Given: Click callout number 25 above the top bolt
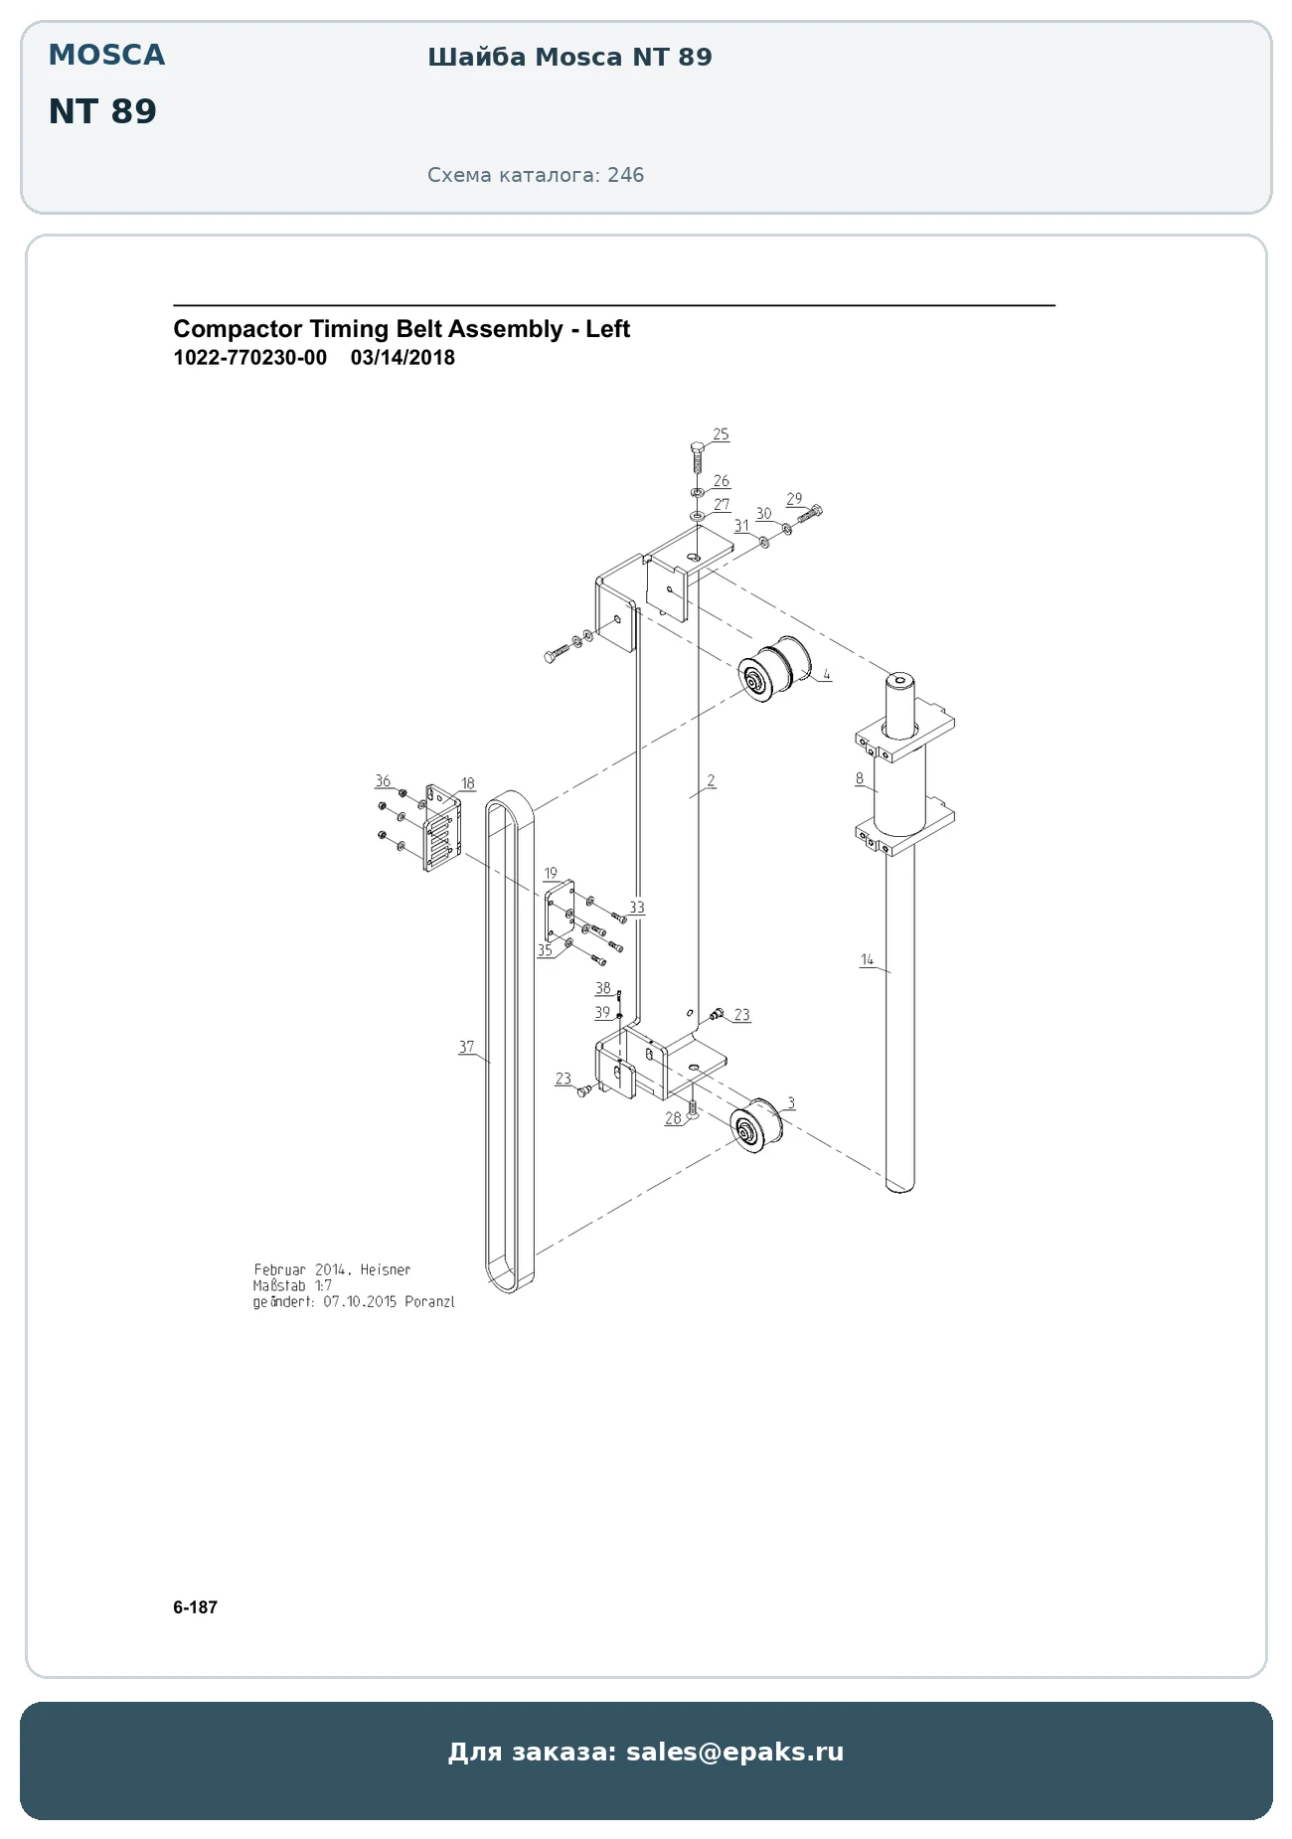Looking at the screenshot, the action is point(721,434).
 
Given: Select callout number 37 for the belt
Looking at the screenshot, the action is point(466,1047).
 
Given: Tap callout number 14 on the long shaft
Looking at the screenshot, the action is point(867,959).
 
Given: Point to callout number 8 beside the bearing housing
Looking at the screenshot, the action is point(859,778).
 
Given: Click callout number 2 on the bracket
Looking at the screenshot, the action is point(711,781).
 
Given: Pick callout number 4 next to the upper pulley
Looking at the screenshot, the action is point(826,674).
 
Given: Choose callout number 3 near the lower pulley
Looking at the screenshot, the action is point(790,1102).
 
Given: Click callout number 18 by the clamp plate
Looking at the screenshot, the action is point(467,783).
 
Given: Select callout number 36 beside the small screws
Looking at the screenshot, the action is point(383,781).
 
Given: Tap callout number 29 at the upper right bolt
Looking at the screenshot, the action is point(793,499).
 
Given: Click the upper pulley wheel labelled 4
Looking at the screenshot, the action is point(773,672).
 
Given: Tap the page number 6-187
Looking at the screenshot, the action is point(195,1607).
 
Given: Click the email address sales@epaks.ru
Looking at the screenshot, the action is point(734,1752).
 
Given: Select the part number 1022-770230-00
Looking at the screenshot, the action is point(249,358).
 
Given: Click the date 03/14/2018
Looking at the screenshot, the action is point(403,358).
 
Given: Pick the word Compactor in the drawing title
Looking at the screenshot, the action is point(238,329).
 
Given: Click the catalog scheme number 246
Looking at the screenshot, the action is point(625,175).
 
